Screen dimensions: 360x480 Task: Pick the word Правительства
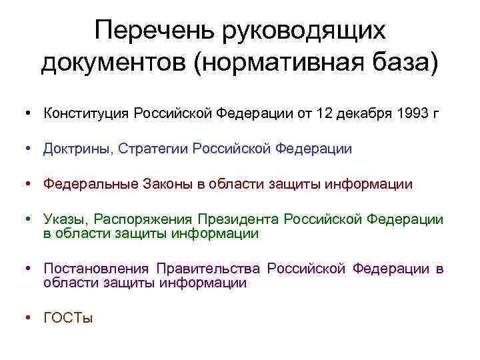[x=207, y=269]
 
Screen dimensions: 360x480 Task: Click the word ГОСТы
[x=68, y=318]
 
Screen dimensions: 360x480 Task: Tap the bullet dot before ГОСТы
[x=30, y=318]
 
